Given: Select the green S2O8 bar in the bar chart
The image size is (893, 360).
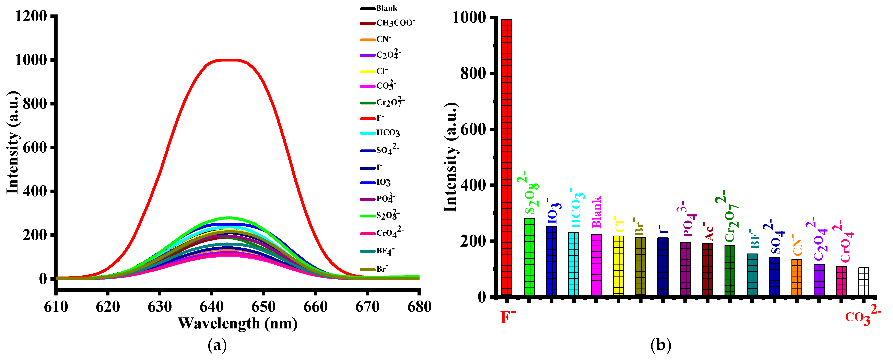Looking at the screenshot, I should [529, 257].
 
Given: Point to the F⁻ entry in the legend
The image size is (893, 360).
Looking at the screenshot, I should [373, 118].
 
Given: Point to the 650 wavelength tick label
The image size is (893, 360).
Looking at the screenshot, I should [263, 307].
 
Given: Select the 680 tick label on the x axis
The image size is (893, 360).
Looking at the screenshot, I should [419, 307].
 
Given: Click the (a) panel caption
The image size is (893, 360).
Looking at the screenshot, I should [217, 345].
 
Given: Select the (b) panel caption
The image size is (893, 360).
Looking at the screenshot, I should [661, 345].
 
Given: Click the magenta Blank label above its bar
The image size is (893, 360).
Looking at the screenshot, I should [596, 212].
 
